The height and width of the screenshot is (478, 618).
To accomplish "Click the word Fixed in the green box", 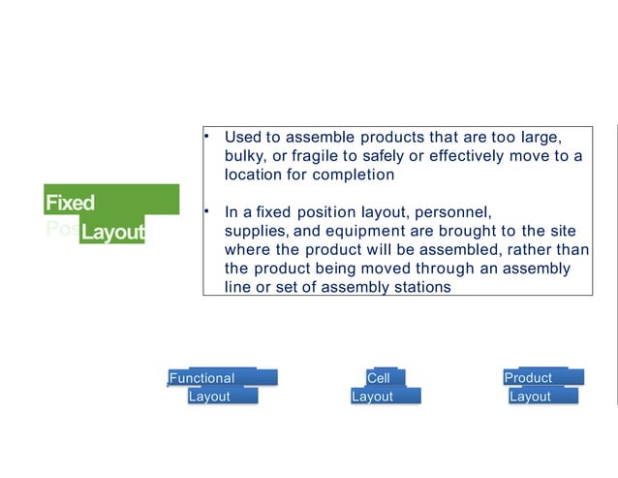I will tap(70, 203).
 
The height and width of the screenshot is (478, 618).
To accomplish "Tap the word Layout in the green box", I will tap(112, 233).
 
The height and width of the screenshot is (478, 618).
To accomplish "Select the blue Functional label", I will tap(201, 377).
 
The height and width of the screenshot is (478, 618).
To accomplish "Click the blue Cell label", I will tap(378, 377).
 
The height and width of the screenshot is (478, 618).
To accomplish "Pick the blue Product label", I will tap(528, 377).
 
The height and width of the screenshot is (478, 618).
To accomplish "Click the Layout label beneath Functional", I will tap(209, 397).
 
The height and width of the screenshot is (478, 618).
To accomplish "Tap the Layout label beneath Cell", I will tap(372, 397).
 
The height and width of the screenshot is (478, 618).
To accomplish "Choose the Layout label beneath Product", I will tap(530, 397).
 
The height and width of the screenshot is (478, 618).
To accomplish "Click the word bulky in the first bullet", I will tap(244, 156).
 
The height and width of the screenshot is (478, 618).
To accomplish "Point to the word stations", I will tap(421, 287).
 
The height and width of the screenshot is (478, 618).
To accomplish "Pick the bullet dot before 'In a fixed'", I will tap(207, 210).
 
